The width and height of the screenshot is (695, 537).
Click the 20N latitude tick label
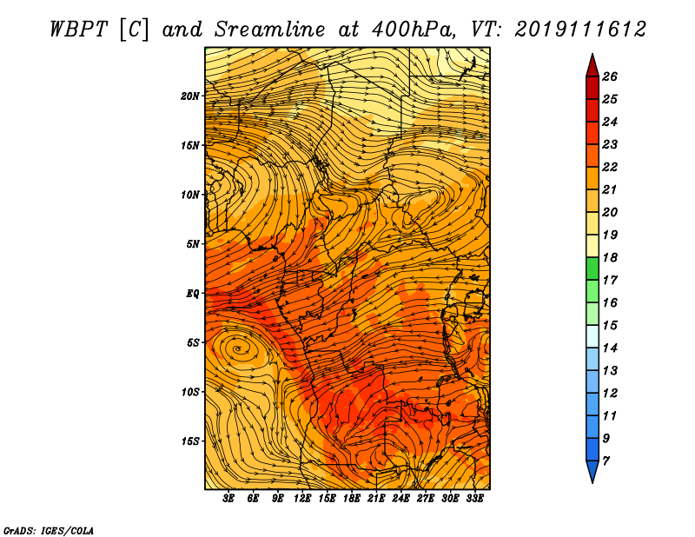click(x=190, y=96)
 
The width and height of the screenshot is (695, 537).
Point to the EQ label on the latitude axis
click(x=192, y=293)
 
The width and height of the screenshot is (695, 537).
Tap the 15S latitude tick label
click(x=190, y=441)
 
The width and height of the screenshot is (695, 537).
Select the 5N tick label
click(x=193, y=244)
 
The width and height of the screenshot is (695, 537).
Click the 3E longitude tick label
click(x=228, y=498)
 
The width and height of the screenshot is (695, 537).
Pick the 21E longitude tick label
click(x=376, y=498)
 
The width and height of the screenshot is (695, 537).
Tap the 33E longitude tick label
click(x=474, y=498)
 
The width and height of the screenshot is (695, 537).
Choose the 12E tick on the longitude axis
click(x=301, y=498)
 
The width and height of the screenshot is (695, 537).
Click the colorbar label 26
click(x=610, y=76)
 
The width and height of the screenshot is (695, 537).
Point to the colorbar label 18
click(x=610, y=257)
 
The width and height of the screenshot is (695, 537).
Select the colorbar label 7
click(x=606, y=461)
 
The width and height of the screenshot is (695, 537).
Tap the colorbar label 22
click(x=610, y=167)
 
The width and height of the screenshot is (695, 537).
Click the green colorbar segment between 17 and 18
click(x=592, y=268)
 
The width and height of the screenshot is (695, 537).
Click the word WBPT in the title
click(x=78, y=30)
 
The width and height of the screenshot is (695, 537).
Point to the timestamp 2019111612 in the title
click(x=579, y=30)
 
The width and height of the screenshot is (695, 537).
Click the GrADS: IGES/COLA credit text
click(x=49, y=530)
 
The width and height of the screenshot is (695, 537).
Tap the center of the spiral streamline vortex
click(x=238, y=349)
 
